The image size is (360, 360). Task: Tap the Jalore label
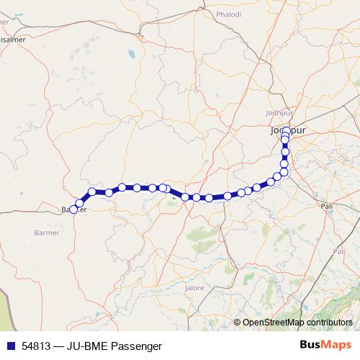(x=194, y=288)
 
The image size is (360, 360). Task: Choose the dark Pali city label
(x=328, y=206)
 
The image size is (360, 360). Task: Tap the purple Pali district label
(x=339, y=251)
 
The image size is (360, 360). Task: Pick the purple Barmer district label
(x=47, y=233)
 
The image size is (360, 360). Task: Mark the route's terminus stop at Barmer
(x=73, y=210)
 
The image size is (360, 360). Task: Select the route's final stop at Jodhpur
(x=286, y=131)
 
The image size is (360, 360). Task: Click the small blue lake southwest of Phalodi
(x=130, y=53)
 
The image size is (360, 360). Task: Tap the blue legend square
(x=10, y=346)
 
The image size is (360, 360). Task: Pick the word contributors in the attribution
(x=330, y=323)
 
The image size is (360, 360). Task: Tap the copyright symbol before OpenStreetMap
(x=238, y=323)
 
